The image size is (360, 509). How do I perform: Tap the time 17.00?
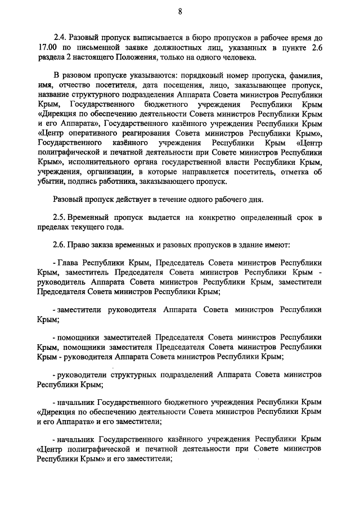point(48,47)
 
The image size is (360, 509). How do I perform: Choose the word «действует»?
point(140,199)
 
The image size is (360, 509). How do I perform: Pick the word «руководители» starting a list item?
point(81,375)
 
